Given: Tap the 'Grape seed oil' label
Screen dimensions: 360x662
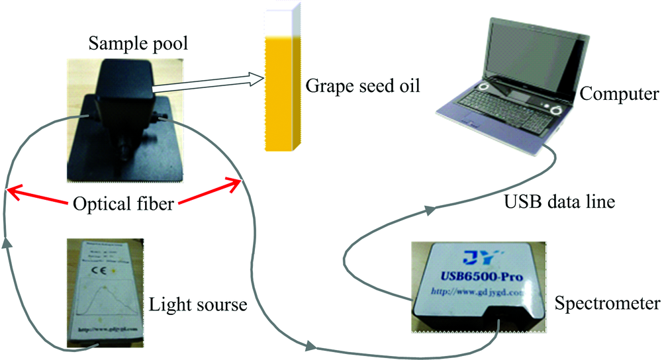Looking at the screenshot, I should click(363, 86).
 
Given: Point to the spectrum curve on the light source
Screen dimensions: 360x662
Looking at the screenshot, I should click(107, 301).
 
